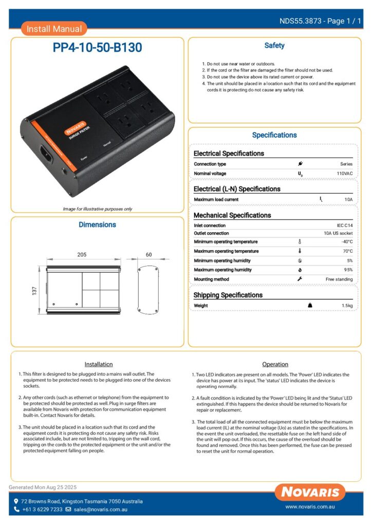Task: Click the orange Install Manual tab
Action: tap(54, 29)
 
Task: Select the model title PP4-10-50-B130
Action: tap(98, 48)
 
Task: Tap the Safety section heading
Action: tap(274, 46)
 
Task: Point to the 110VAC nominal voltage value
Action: tap(344, 174)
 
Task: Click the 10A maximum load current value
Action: tap(348, 199)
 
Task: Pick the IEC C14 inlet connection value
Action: tap(344, 226)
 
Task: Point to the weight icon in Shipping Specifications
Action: tap(310, 305)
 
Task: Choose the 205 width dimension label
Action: tap(82, 255)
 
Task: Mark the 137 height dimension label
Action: tap(34, 291)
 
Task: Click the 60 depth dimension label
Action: tap(149, 255)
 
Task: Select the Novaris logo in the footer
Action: tap(310, 492)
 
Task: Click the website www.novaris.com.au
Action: tap(310, 506)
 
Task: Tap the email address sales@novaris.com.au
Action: tap(100, 510)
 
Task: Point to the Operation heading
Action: tap(275, 364)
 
